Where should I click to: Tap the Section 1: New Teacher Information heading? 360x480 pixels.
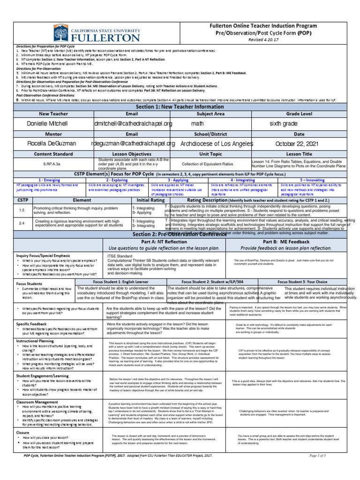click(x=180, y=106)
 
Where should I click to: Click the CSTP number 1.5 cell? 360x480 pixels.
click(x=21, y=210)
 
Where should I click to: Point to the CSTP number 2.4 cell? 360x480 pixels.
click(x=21, y=224)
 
